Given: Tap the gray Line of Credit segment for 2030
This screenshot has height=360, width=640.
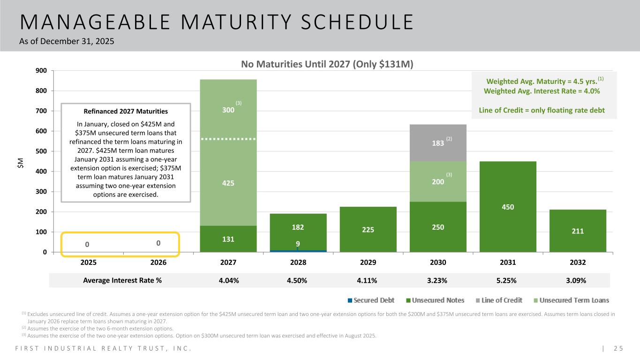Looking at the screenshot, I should pyautogui.click(x=438, y=143).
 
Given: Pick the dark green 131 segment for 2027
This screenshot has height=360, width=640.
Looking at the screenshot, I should pyautogui.click(x=228, y=239).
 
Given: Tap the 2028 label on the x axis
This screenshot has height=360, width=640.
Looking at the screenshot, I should pyautogui.click(x=298, y=263).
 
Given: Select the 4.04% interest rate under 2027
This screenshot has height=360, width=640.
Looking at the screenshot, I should pyautogui.click(x=228, y=280).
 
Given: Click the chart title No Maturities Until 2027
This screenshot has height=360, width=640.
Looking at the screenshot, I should pyautogui.click(x=327, y=64).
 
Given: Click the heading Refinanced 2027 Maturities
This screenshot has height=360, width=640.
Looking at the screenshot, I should pyautogui.click(x=126, y=111).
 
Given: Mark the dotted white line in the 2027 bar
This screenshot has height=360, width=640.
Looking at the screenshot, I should pyautogui.click(x=228, y=139).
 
